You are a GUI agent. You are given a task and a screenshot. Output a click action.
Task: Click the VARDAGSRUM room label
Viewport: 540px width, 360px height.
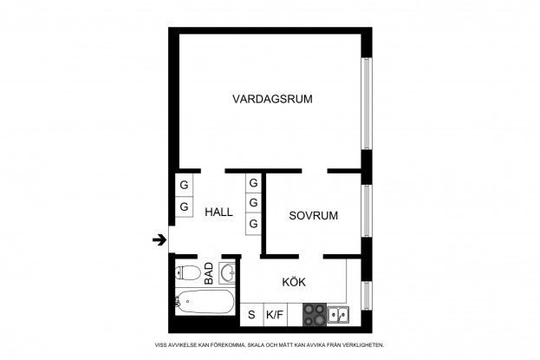pyautogui.click(x=272, y=99)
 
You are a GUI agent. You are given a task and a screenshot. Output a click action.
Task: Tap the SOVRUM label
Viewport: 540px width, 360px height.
pyautogui.click(x=314, y=215)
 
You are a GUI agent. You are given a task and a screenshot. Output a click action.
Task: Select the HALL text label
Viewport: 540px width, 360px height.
pyautogui.click(x=218, y=212)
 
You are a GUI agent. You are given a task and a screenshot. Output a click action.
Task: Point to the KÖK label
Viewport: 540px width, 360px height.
pyautogui.click(x=294, y=281)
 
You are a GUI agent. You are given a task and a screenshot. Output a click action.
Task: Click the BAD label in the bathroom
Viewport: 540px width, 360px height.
pyautogui.click(x=209, y=273)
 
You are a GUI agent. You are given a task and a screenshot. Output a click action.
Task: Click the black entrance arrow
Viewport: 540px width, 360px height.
pyautogui.click(x=159, y=239)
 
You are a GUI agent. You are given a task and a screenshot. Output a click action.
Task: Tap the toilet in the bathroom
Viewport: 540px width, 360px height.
pyautogui.click(x=188, y=273)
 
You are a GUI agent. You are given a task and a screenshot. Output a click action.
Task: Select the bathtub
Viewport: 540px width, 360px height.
pyautogui.click(x=205, y=302)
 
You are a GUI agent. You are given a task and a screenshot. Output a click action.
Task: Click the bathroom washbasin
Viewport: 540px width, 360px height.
pyautogui.click(x=227, y=273)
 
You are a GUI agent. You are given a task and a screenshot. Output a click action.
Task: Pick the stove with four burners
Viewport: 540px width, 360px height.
pyautogui.click(x=315, y=315)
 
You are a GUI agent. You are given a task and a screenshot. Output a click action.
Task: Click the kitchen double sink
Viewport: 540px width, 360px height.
pyautogui.click(x=338, y=315)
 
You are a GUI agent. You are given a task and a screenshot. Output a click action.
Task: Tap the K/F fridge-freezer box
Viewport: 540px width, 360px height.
pyautogui.click(x=275, y=315)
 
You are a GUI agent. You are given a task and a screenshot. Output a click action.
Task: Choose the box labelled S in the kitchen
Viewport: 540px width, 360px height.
pyautogui.click(x=251, y=315)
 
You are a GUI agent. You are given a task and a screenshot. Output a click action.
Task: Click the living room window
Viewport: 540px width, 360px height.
pyautogui.click(x=367, y=103)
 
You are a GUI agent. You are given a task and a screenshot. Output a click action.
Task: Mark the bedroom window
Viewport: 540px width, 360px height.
pyautogui.click(x=367, y=211)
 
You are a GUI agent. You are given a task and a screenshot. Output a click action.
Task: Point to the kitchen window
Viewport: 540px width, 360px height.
pyautogui.click(x=367, y=296)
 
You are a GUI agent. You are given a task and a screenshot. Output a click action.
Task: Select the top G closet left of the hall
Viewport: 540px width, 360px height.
pyautogui.click(x=185, y=185)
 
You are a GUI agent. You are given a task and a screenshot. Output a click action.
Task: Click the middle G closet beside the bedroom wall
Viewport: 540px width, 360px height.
pyautogui.click(x=253, y=202)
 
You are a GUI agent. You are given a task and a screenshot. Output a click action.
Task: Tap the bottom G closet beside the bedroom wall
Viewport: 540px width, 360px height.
pyautogui.click(x=253, y=224)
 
